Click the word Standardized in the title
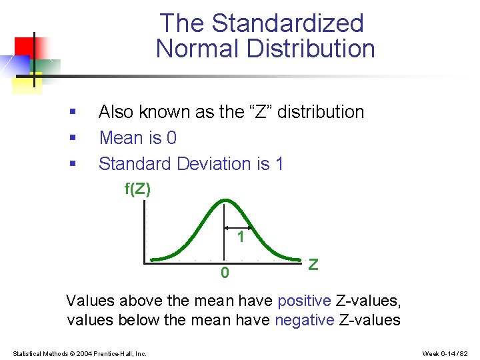[x=287, y=23]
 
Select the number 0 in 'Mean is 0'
[x=171, y=138]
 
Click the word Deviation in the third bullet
[x=213, y=163]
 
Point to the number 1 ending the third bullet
[x=279, y=163]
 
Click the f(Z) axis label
[x=138, y=189]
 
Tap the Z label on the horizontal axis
[x=313, y=265]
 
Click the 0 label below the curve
[x=225, y=273]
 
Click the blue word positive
[x=303, y=301]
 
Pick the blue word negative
[x=304, y=320]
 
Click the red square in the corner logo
[x=25, y=47]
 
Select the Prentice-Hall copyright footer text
[x=79, y=353]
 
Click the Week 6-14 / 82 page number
[x=446, y=353]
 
